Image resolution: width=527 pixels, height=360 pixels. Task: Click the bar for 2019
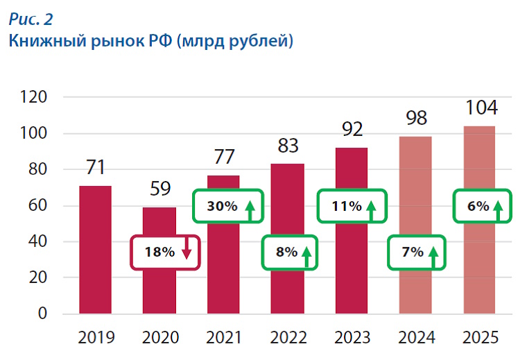tap(95, 250)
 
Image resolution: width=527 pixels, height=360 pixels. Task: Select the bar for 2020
tap(159, 291)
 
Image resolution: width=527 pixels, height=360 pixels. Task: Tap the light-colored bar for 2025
tap(478, 271)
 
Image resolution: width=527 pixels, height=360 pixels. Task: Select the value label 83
tap(288, 146)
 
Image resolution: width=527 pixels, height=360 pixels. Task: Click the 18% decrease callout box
tap(166, 252)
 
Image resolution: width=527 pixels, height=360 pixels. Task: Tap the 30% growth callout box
tap(228, 206)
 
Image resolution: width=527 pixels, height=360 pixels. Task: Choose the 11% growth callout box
tap(351, 206)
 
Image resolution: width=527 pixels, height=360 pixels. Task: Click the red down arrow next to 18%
tap(186, 251)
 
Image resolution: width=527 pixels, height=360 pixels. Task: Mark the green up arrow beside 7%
tap(434, 253)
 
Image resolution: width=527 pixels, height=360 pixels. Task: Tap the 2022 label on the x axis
tap(288, 338)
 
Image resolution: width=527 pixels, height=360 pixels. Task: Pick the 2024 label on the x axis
tap(415, 338)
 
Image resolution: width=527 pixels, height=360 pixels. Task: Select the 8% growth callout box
tap(288, 252)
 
